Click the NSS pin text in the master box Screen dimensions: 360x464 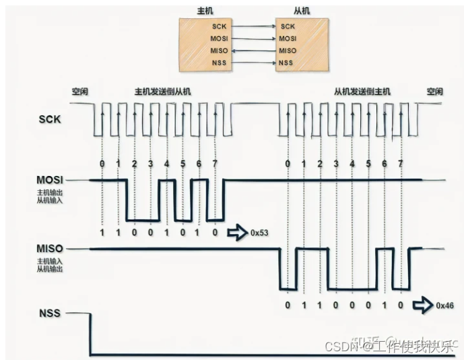tap(219, 63)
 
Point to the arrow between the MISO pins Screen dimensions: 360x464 tap(253, 51)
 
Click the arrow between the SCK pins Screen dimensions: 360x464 tap(253, 26)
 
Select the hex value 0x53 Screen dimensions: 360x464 tap(261, 233)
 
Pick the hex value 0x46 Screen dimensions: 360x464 tap(445, 305)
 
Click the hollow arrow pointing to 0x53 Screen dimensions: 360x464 tap(238, 233)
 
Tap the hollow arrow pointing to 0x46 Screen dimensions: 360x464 tap(422, 305)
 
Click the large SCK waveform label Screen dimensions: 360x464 tap(50, 119)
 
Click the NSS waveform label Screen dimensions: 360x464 tap(51, 313)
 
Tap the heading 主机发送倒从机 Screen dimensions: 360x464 tap(163, 91)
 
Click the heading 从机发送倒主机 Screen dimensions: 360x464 tap(362, 91)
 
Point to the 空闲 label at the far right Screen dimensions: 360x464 tap(434, 91)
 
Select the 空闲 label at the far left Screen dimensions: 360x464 tap(81, 91)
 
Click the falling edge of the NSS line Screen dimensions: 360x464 tap(90, 334)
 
